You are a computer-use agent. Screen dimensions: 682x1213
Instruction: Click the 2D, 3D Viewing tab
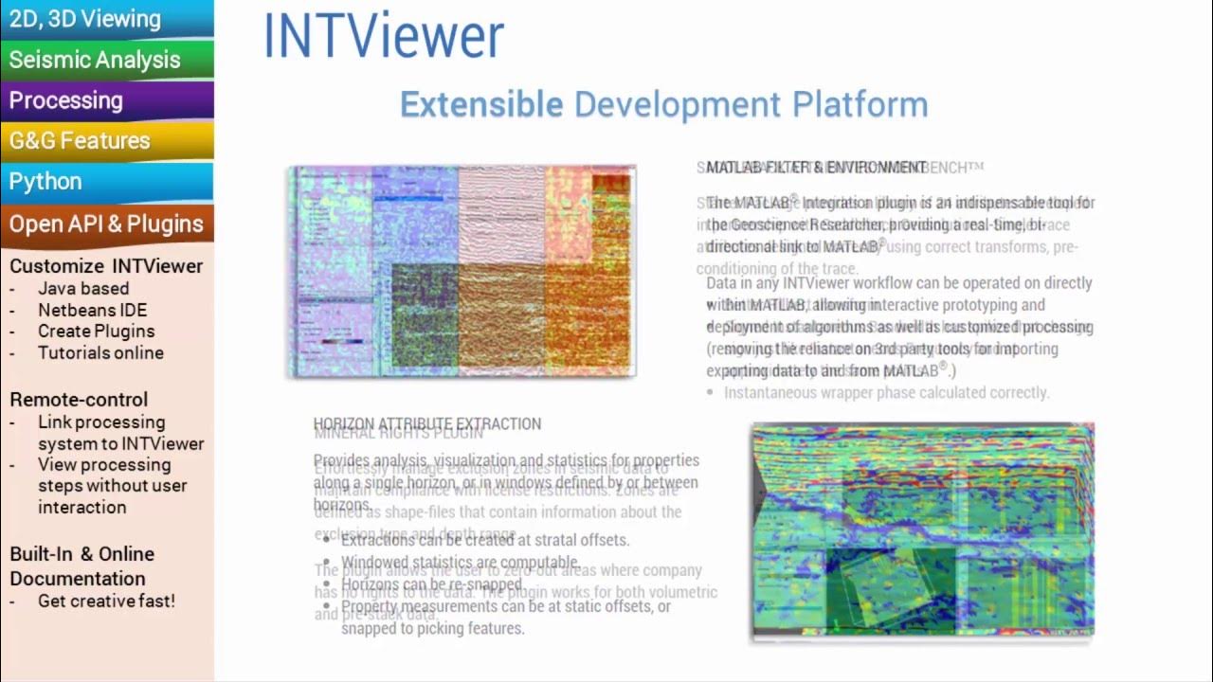pos(85,19)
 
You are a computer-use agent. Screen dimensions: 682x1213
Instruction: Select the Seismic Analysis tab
pos(95,60)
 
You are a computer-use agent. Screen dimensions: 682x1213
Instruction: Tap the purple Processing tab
pos(66,100)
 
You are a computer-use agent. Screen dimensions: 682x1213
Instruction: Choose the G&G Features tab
pos(80,141)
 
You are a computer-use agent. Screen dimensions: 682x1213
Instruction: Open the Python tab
pos(45,182)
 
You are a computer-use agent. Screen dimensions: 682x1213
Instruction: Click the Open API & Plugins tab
pos(106,224)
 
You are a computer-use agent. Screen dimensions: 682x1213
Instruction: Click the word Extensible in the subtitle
pos(481,105)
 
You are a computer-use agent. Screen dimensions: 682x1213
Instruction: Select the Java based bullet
pos(83,289)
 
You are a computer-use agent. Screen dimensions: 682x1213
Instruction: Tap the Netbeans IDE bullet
pos(92,310)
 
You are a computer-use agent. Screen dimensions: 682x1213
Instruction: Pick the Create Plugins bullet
pos(96,332)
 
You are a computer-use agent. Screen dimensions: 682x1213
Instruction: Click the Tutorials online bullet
pos(100,353)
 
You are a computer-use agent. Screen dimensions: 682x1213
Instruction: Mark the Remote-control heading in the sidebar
pos(79,400)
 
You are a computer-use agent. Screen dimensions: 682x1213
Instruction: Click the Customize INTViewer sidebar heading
pos(106,266)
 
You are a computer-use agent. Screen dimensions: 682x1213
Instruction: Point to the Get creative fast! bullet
pos(106,601)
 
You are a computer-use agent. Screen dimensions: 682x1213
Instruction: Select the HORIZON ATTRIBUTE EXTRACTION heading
pos(427,423)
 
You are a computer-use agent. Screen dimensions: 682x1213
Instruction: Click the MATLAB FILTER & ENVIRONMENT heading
pos(816,168)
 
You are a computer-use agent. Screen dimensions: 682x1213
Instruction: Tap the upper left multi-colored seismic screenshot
pos(462,271)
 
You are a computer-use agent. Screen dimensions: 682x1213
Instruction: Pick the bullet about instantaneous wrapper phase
pos(886,392)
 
